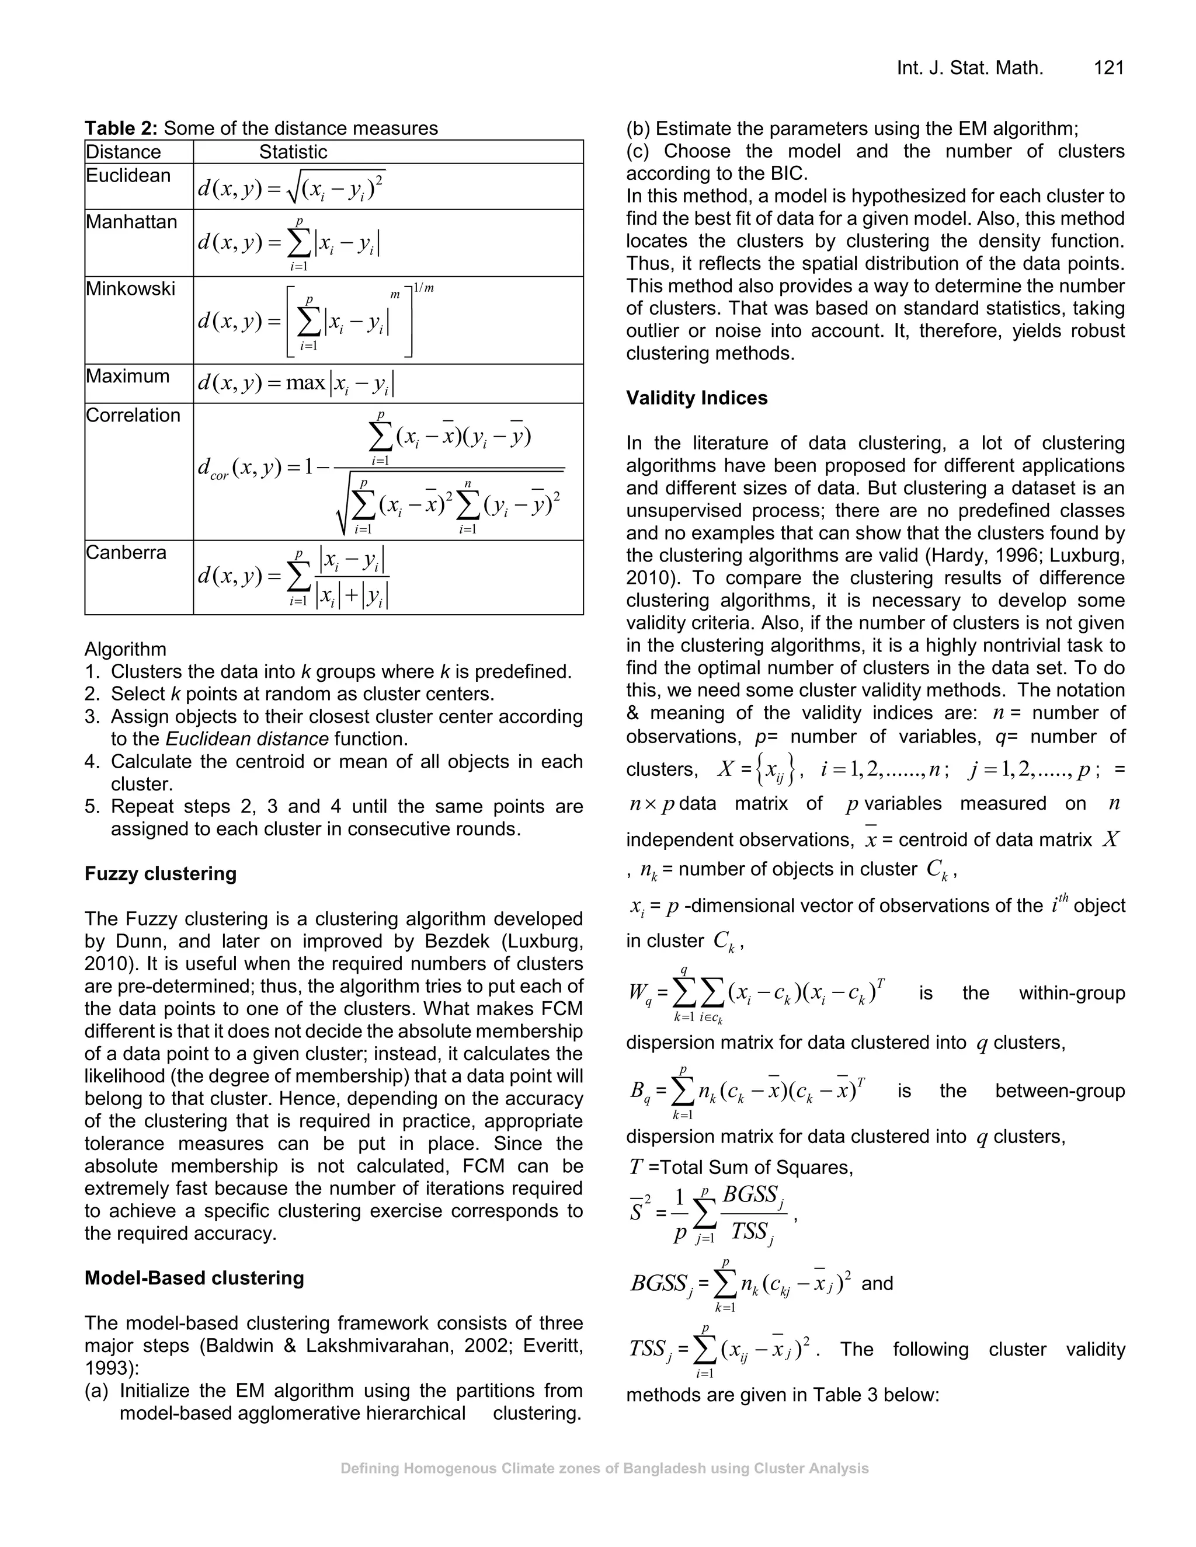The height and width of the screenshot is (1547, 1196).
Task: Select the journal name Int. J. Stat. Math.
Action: point(969,68)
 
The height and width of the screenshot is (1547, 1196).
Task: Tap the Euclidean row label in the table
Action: point(128,176)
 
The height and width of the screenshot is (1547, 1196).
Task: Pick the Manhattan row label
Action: point(131,222)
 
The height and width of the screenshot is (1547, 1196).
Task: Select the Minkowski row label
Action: point(130,288)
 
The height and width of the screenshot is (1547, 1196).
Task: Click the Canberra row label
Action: point(126,552)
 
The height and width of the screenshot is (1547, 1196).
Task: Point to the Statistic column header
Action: point(293,152)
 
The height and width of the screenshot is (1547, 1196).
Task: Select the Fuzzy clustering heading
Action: point(160,873)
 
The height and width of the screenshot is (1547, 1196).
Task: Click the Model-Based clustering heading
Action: point(194,1278)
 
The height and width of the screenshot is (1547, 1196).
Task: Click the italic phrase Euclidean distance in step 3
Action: point(246,739)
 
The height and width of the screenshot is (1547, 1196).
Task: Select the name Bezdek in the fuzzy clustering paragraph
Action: point(458,942)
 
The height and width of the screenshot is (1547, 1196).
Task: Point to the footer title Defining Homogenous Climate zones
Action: point(604,1468)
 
